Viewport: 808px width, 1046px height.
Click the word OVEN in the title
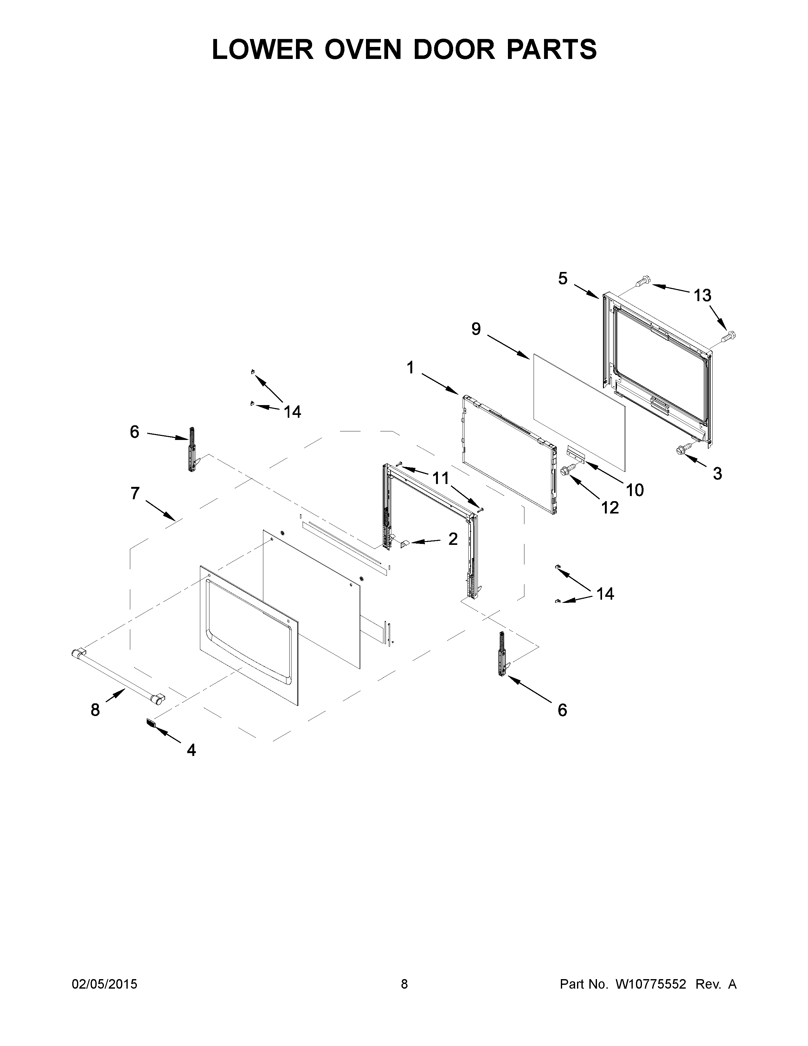pyautogui.click(x=363, y=49)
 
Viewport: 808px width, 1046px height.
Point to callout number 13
pyautogui.click(x=702, y=295)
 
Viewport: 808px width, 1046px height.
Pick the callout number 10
pyautogui.click(x=635, y=490)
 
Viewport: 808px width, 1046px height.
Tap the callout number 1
pyautogui.click(x=410, y=368)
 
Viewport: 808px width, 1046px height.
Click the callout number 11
pyautogui.click(x=440, y=477)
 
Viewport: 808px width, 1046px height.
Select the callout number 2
pyautogui.click(x=453, y=539)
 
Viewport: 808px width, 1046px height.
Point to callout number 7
pyautogui.click(x=135, y=493)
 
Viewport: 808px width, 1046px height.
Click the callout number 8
pyautogui.click(x=95, y=710)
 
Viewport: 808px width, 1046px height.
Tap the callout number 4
pyautogui.click(x=191, y=750)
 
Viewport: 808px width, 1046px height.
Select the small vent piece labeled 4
pyautogui.click(x=150, y=723)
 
